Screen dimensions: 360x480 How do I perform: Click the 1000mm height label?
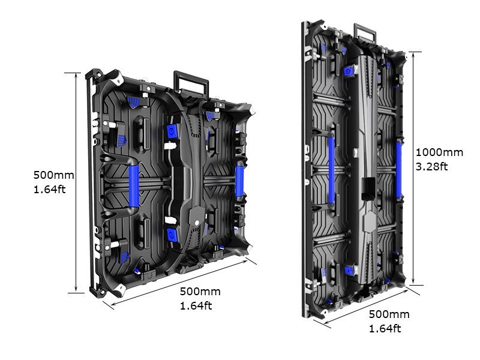click(x=439, y=152)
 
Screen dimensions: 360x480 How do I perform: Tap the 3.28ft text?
click(x=431, y=166)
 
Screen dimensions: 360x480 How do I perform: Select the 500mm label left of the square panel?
click(x=53, y=175)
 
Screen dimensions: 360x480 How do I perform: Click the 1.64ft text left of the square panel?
click(x=49, y=189)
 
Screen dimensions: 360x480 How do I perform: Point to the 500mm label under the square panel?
click(x=200, y=292)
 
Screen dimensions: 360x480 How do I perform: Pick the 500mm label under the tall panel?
click(x=389, y=314)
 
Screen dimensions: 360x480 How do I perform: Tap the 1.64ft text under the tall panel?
click(x=385, y=328)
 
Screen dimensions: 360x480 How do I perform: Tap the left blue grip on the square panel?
click(x=133, y=185)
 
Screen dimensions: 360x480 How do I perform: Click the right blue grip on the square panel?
click(x=239, y=182)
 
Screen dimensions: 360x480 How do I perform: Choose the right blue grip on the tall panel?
click(x=398, y=170)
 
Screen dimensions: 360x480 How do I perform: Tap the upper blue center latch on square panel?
click(x=172, y=131)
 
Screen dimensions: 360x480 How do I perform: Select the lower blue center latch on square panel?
click(x=172, y=234)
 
